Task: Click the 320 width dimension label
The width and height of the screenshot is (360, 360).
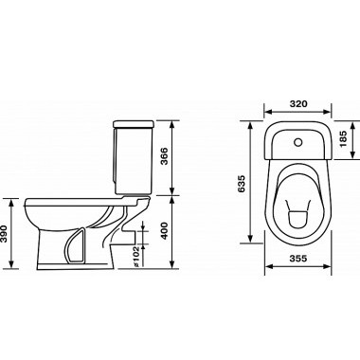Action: [297, 103]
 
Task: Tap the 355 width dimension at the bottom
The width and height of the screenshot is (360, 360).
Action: [297, 259]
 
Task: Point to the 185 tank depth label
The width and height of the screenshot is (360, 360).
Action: [343, 139]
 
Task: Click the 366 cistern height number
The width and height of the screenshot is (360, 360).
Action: [164, 156]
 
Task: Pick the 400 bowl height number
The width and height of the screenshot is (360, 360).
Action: [164, 231]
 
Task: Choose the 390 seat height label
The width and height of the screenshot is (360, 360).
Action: [4, 233]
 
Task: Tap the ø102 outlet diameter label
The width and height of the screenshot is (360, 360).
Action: [135, 257]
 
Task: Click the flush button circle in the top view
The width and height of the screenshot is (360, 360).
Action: [297, 142]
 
